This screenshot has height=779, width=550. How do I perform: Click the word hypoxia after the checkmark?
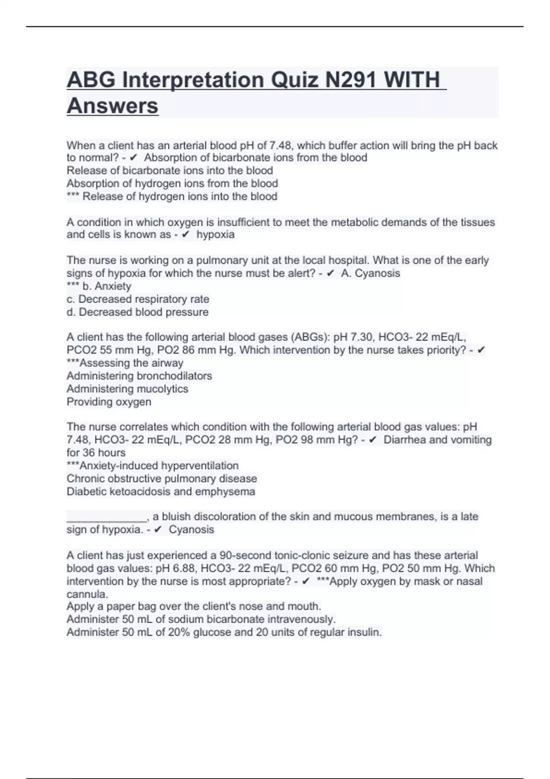point(215,235)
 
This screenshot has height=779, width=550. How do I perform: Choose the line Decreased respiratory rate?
point(138,299)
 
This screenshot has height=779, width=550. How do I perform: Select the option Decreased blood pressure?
point(137,312)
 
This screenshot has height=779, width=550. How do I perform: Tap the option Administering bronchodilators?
point(139,376)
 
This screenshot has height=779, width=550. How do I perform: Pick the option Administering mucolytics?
point(127,389)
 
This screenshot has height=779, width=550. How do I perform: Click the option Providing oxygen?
point(109,402)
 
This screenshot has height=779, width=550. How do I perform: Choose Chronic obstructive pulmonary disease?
point(162,479)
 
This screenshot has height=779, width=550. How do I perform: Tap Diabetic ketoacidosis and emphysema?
point(161,492)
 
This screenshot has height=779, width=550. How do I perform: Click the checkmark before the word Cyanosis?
point(158,530)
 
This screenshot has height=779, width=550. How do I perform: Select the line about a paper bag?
point(194,606)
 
